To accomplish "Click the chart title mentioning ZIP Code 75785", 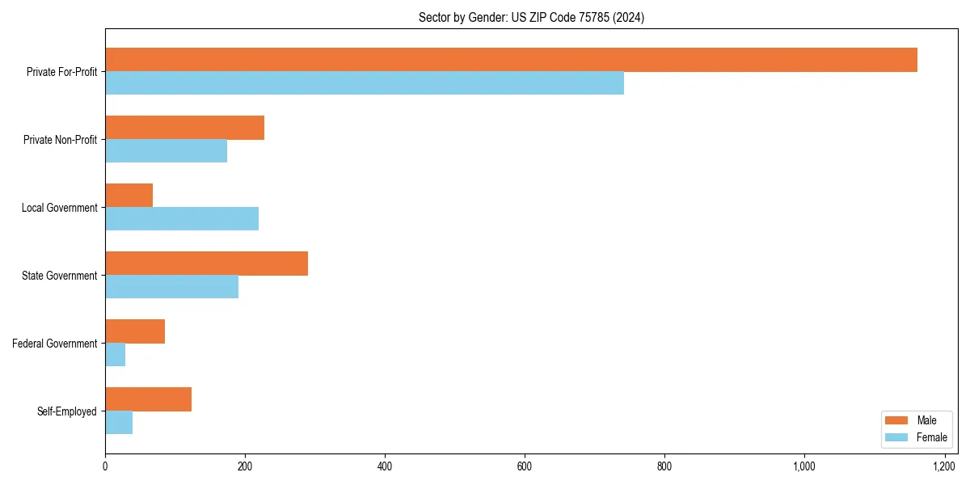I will pyautogui.click(x=531, y=17).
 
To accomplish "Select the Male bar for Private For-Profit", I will pyautogui.click(x=511, y=60).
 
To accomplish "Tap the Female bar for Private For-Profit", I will pyautogui.click(x=365, y=83).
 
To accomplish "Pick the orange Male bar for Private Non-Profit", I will pyautogui.click(x=184, y=128).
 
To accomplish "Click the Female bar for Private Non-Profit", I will pyautogui.click(x=166, y=151).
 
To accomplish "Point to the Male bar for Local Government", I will pyautogui.click(x=129, y=196).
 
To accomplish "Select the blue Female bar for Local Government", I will pyautogui.click(x=182, y=219).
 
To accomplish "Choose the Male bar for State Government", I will pyautogui.click(x=206, y=264).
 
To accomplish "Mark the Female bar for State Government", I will pyautogui.click(x=171, y=287).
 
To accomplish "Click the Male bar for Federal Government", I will pyautogui.click(x=135, y=331).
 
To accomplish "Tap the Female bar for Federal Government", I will pyautogui.click(x=116, y=355).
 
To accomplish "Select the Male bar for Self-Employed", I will pyautogui.click(x=148, y=399).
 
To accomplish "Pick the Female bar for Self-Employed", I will pyautogui.click(x=119, y=423).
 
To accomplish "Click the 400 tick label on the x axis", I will pyautogui.click(x=385, y=466).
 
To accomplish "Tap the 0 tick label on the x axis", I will pyautogui.click(x=105, y=466).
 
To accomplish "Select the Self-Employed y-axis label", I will pyautogui.click(x=67, y=411).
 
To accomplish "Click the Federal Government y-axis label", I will pyautogui.click(x=55, y=344).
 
